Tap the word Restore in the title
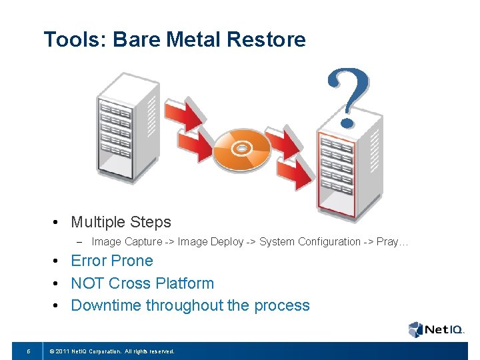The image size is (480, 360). click(266, 40)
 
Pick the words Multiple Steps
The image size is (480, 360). click(121, 222)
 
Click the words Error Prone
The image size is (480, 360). click(112, 261)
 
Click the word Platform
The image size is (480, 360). click(185, 283)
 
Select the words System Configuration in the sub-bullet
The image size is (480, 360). click(309, 241)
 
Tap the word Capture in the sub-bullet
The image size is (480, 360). click(143, 241)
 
